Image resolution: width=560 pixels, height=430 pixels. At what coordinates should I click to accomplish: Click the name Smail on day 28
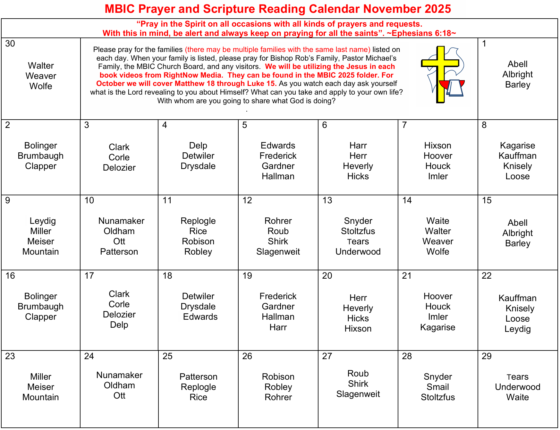point(437,387)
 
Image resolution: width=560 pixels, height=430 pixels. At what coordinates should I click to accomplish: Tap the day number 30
point(10,44)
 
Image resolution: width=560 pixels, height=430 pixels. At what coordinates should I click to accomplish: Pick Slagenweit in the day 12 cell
point(278,252)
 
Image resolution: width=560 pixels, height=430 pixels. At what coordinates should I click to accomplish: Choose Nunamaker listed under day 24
point(119,375)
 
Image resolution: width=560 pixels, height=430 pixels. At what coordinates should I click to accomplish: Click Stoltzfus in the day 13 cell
point(358,231)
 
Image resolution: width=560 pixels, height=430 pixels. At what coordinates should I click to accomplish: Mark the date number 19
point(247,276)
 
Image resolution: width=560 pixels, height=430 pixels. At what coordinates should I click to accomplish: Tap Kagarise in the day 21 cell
point(437,327)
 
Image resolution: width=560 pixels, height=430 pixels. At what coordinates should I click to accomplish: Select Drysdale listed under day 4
point(198,166)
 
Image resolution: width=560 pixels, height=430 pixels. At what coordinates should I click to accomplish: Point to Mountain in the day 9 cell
point(40,252)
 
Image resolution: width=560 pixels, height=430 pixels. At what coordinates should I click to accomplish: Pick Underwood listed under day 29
point(517,387)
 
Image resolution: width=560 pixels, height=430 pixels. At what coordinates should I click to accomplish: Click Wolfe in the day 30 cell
point(41,86)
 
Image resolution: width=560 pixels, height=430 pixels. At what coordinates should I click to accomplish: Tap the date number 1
point(484,44)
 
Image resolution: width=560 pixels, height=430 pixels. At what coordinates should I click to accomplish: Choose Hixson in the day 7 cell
point(437,146)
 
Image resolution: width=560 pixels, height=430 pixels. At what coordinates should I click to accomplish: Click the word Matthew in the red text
point(188,84)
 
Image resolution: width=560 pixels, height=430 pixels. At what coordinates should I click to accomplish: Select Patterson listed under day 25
point(198,376)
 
